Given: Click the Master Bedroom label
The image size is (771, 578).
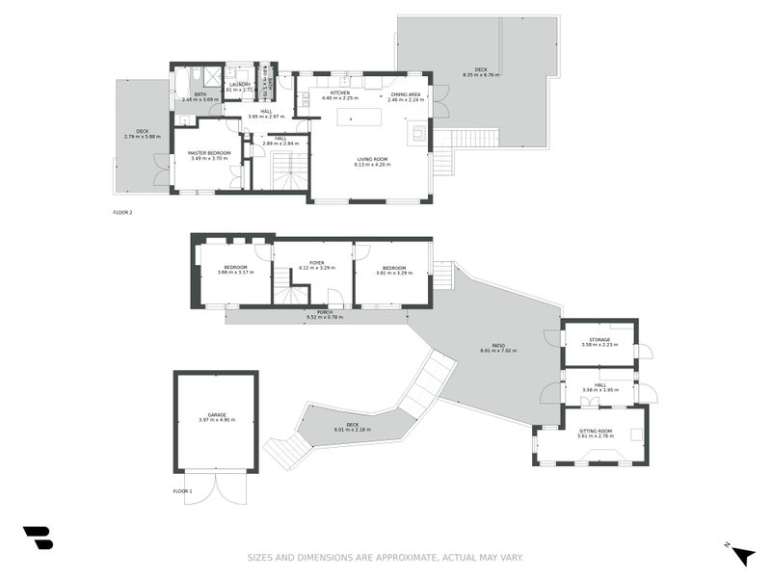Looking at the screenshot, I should tap(208, 152).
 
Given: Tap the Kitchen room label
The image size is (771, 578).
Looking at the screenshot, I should tap(340, 93).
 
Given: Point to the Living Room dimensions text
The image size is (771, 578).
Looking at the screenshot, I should tap(371, 165).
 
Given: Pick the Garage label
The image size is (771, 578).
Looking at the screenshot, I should tap(217, 414).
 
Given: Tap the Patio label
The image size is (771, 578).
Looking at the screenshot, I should tap(498, 345).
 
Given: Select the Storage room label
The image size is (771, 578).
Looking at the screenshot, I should tap(599, 339).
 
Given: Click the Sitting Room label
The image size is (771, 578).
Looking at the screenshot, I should tap(595, 431).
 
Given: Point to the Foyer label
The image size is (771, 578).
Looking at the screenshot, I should tap(316, 262).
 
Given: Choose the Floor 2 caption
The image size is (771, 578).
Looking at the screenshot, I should tap(122, 211).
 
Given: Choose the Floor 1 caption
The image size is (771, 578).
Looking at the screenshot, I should tap(182, 491).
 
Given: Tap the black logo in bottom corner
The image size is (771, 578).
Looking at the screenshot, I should tap(38, 538).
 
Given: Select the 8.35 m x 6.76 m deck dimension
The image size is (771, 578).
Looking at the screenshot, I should tap(481, 74).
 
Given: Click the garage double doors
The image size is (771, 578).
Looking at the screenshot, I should tap(216, 486).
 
